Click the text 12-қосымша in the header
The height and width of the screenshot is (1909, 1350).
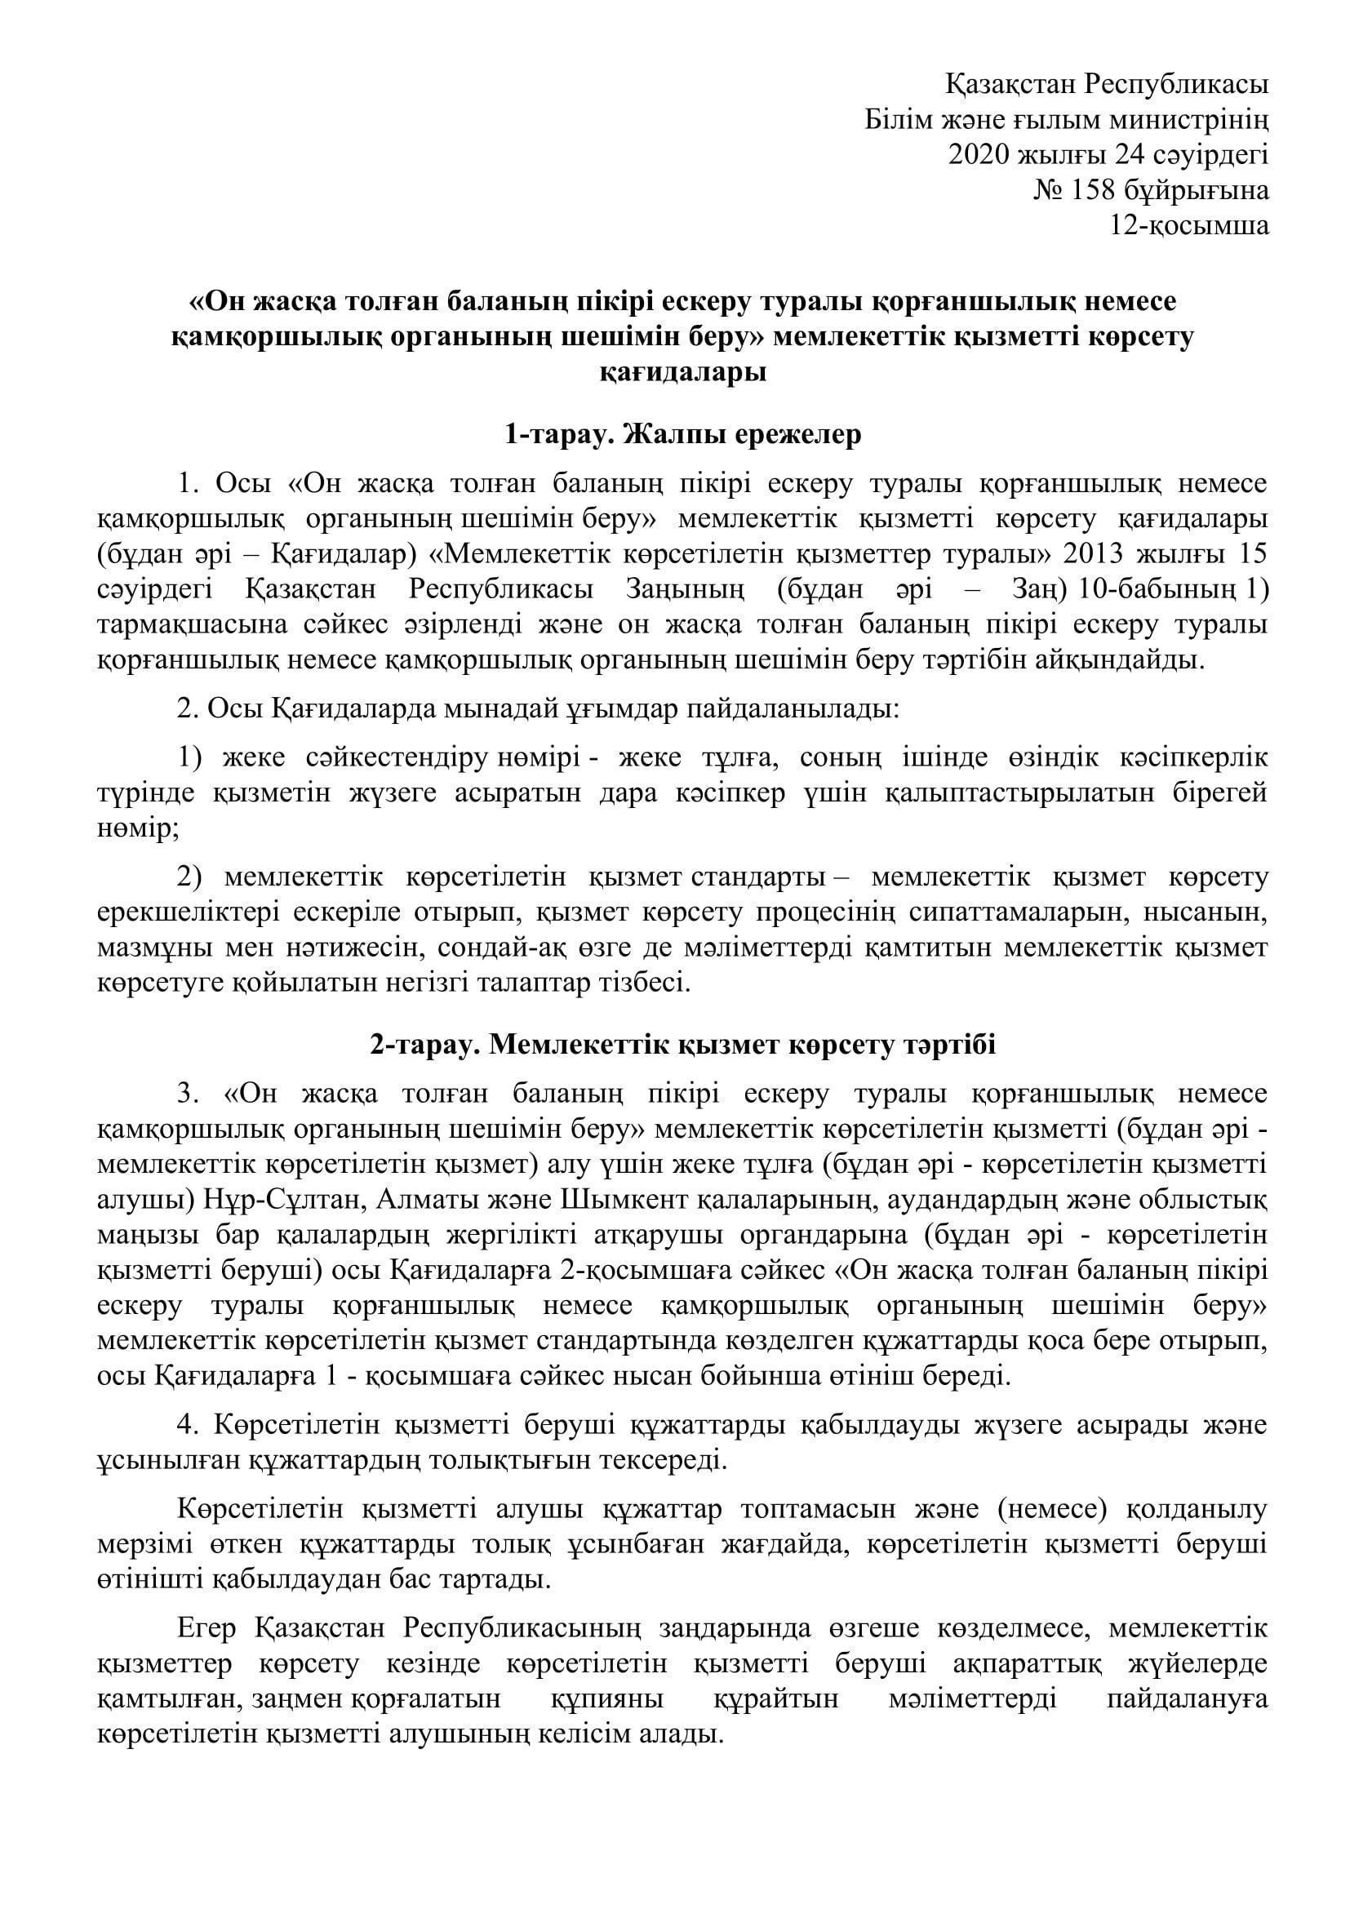click(x=1189, y=225)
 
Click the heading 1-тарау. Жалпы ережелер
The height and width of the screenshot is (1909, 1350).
click(x=682, y=435)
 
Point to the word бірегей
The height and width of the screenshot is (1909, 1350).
click(x=1215, y=793)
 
